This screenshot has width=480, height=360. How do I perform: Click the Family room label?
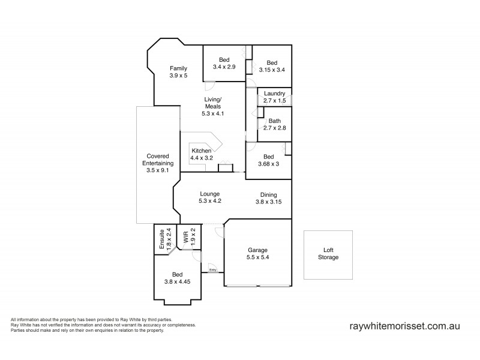[x=178, y=68]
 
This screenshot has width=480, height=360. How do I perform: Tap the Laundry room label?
[x=274, y=93]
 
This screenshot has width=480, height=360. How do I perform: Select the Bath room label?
[x=274, y=121]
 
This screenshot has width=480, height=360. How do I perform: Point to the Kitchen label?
[x=201, y=151]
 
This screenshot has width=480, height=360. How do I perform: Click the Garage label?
[x=257, y=250]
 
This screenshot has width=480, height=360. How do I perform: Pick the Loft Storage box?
[x=328, y=254]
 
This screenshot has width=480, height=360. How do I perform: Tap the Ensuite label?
[x=161, y=239]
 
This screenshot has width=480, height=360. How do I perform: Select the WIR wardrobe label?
[x=186, y=236]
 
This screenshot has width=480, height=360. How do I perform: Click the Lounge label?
[x=210, y=194]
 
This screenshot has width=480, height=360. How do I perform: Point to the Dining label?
[x=268, y=194]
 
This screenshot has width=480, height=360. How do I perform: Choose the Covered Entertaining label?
[x=158, y=160]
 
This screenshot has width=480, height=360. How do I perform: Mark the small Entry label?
[x=213, y=270]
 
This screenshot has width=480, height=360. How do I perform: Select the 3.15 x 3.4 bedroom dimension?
[x=272, y=70]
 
